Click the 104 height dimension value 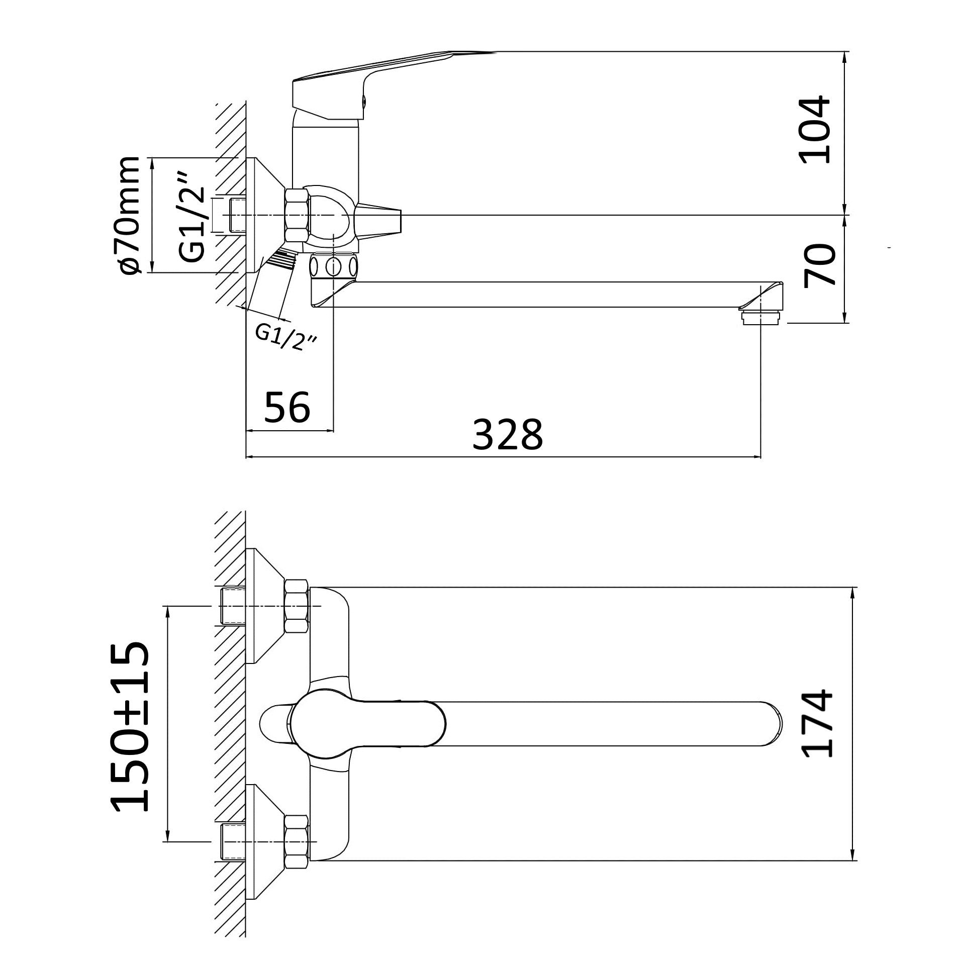click(x=814, y=130)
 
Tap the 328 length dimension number click(x=508, y=435)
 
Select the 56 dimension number click(x=287, y=407)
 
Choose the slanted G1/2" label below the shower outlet click(x=286, y=337)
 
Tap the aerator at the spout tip click(x=760, y=318)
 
